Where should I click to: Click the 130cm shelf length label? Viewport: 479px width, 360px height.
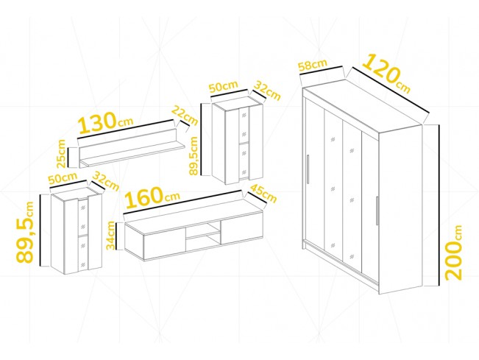(106, 122)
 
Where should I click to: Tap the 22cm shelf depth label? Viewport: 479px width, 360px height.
(185, 115)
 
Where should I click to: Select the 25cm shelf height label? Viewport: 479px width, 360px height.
(61, 153)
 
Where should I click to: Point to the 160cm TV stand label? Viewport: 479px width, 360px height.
(152, 197)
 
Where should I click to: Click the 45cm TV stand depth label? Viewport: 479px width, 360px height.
(263, 194)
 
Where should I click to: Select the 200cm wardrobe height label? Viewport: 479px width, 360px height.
(453, 253)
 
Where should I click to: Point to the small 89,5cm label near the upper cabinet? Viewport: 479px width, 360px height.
(194, 156)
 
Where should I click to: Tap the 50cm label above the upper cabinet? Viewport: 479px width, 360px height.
(223, 86)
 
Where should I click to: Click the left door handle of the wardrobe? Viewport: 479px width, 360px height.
(308, 169)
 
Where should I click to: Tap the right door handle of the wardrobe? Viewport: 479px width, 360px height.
(377, 211)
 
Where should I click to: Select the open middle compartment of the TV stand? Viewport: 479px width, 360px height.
(202, 237)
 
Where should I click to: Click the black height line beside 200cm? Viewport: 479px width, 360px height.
(439, 205)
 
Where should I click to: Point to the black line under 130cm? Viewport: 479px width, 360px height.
(126, 130)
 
